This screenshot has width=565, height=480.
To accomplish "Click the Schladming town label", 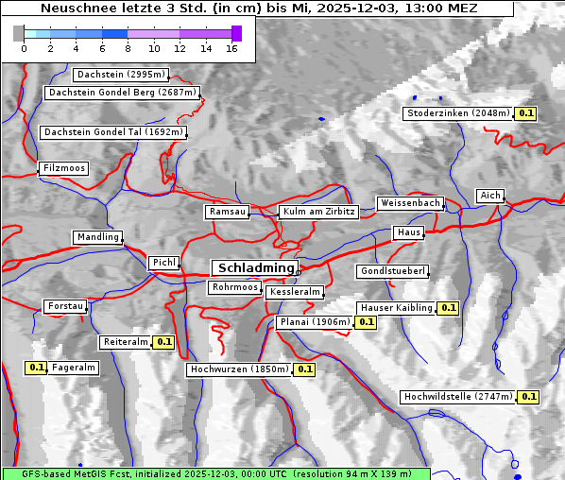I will tap(254, 268).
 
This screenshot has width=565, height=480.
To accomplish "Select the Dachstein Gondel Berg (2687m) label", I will tap(122, 93).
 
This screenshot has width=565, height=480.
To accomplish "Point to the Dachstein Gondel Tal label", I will tap(112, 132).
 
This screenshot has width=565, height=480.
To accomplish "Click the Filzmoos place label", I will tap(64, 168).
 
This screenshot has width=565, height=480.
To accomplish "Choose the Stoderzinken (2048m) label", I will tap(457, 113).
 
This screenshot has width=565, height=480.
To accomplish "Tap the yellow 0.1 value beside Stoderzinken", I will tap(526, 113).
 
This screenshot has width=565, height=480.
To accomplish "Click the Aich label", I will tap(490, 196).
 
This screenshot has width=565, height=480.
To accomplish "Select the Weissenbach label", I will tap(410, 203).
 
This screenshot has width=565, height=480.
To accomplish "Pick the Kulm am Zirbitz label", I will tap(318, 212).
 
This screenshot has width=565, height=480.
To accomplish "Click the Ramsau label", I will tap(228, 212).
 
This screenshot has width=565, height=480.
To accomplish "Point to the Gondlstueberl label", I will tap(392, 271).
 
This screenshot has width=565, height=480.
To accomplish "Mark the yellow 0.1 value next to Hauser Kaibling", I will tap(448, 307).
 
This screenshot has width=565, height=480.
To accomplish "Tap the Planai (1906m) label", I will tap(315, 322).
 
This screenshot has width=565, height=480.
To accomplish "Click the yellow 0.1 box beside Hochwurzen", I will tap(304, 369).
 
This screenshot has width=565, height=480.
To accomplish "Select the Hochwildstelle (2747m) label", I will tap(458, 397).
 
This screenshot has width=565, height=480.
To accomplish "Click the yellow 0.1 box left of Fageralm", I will tap(37, 368).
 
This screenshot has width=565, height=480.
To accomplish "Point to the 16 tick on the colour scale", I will tap(231, 48).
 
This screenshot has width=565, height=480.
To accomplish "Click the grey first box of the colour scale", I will tap(19, 33).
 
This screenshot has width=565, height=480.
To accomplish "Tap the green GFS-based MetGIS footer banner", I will tap(215, 472).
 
